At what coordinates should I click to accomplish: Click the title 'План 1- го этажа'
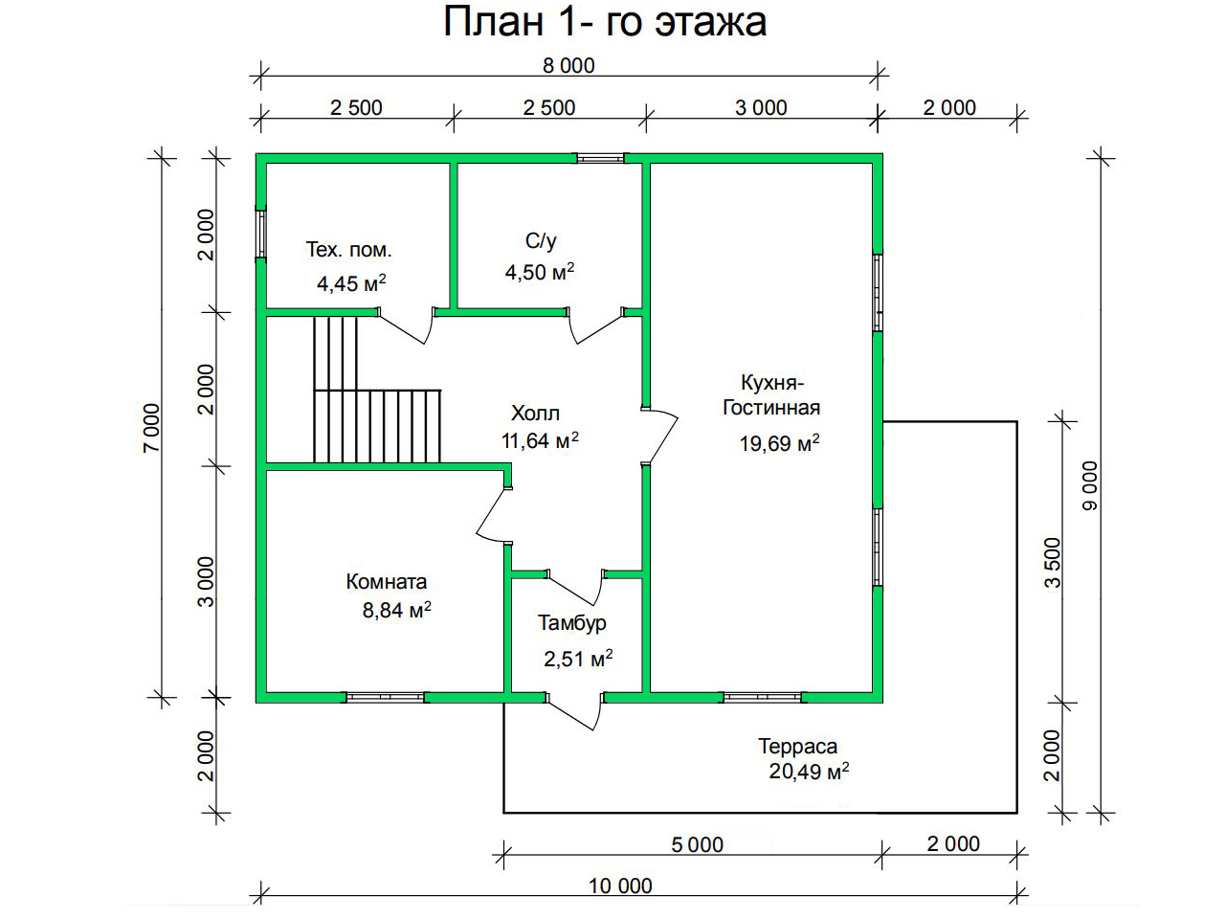[x=605, y=22]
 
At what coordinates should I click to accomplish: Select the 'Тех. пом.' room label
[x=348, y=250]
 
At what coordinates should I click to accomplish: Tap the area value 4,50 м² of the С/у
[x=540, y=272]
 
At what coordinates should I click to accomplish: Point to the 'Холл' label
[x=535, y=414]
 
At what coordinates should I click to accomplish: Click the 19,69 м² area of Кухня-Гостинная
[x=780, y=443]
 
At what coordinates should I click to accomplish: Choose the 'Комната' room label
[x=387, y=582]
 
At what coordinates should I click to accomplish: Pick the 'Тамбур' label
[x=572, y=622]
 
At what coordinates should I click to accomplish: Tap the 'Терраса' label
[x=797, y=746]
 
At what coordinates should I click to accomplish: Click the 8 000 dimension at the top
[x=568, y=66]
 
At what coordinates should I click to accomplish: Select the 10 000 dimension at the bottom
[x=620, y=886]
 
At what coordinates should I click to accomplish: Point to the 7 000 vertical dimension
[x=152, y=428]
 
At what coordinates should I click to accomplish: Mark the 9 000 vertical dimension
[x=1089, y=485]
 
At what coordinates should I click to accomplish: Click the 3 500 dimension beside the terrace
[x=1053, y=563]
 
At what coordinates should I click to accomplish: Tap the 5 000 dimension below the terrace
[x=697, y=844]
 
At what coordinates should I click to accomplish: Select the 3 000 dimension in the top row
[x=761, y=107]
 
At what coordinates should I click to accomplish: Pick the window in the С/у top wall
[x=600, y=159]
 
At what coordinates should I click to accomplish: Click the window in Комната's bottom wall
[x=385, y=697]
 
